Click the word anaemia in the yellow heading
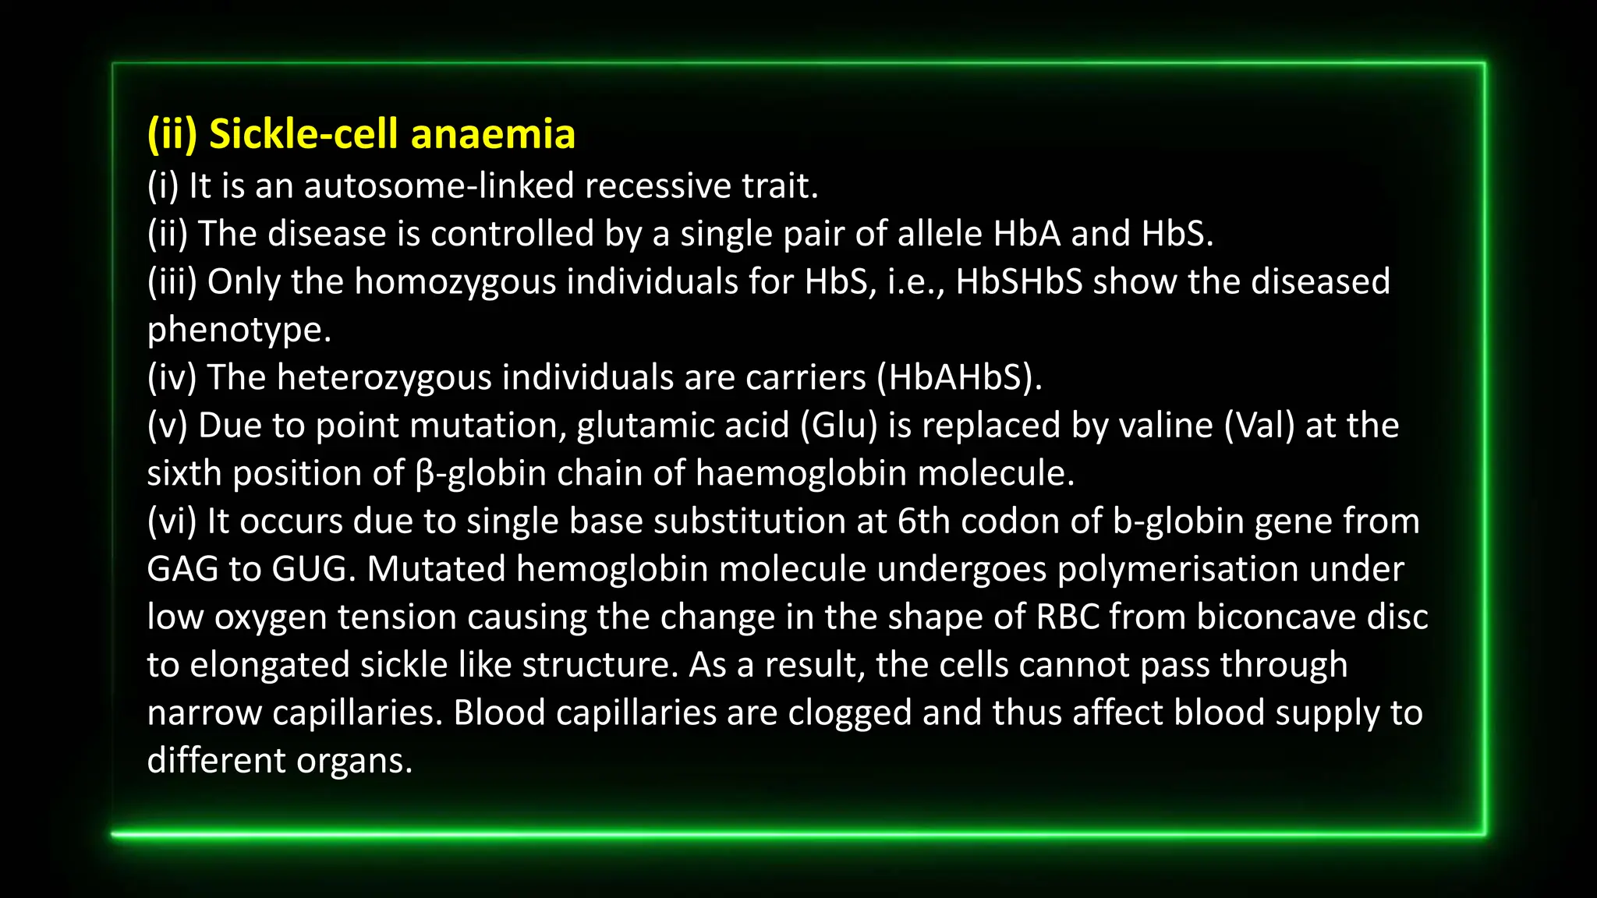click(493, 134)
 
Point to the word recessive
click(657, 186)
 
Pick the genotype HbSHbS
click(1019, 281)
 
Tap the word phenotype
click(239, 331)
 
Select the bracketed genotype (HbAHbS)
click(959, 378)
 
